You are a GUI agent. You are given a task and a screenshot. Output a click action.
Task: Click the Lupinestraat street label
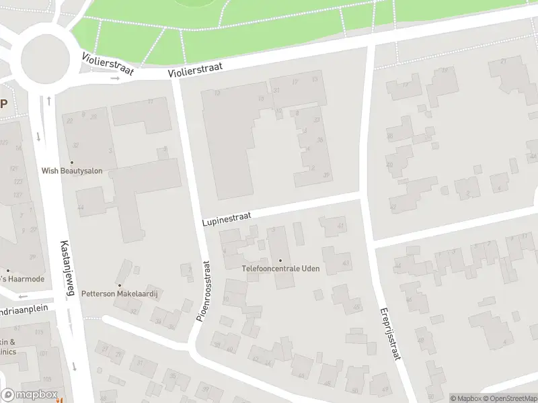coord(227,219)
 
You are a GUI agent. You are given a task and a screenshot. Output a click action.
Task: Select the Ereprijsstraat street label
coord(389,334)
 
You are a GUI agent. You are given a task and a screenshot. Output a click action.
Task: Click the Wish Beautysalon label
coord(72,171)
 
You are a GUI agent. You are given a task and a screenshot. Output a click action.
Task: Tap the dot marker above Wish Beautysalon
coord(72,161)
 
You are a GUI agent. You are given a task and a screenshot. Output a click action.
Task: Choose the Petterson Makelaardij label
coord(118,294)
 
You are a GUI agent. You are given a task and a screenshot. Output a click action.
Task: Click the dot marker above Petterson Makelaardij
coord(120,285)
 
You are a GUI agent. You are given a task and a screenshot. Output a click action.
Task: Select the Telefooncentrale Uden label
coord(280,269)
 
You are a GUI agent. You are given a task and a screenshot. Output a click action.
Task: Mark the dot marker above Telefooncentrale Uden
coord(280,260)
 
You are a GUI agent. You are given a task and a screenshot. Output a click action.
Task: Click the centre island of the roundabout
coord(45,60)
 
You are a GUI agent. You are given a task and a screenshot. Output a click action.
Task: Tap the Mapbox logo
coord(28,394)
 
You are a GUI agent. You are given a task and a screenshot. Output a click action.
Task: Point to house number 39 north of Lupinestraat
coord(326,175)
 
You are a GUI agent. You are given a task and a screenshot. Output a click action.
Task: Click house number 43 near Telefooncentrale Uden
coord(346,263)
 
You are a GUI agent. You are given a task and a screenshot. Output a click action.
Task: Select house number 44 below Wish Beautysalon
coord(81,208)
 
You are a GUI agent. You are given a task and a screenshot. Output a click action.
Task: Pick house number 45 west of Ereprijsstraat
coord(356,308)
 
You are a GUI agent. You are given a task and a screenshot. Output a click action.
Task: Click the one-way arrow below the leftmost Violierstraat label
coord(115,79)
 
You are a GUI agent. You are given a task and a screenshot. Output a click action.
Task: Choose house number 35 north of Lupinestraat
coord(320,140)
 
